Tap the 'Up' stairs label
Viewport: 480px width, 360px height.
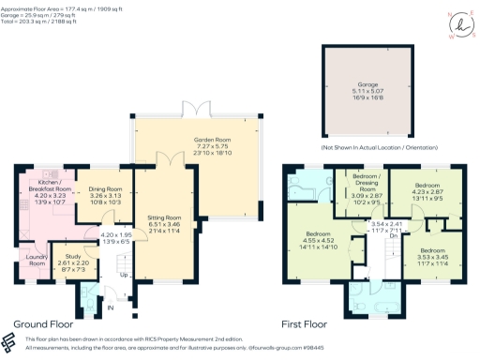pyautogui.click(x=124, y=276)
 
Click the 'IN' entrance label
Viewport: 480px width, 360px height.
pyautogui.click(x=110, y=307)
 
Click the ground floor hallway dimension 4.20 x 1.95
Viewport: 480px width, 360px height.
pyautogui.click(x=117, y=238)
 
